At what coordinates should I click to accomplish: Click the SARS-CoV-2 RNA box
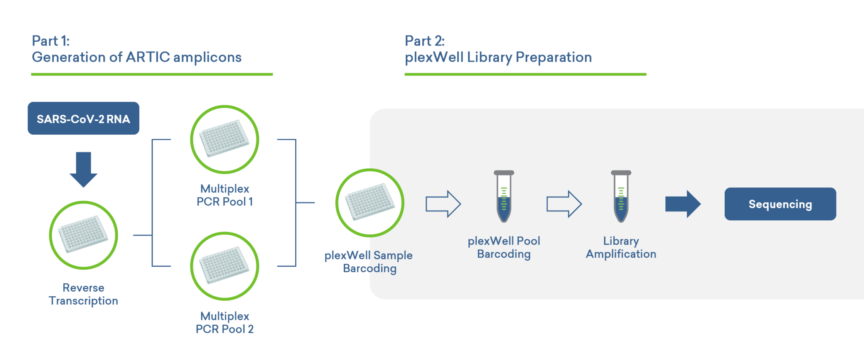83,119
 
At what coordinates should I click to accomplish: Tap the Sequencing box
780,204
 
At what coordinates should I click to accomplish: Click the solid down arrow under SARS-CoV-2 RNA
84,169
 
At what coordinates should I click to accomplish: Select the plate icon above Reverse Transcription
83,235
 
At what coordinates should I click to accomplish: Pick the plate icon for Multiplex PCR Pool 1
224,139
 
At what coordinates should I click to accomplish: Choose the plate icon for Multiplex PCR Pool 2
224,266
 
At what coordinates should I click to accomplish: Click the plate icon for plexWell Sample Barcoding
370,203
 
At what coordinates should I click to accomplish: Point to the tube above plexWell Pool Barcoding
504,198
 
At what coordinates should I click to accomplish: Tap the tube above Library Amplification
621,198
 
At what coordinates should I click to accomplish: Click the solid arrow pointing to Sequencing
683,204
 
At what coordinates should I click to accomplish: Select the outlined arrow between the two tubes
564,204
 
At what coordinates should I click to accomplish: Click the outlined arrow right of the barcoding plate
443,204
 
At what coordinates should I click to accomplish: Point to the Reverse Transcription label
84,294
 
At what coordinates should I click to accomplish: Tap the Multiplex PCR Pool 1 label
224,195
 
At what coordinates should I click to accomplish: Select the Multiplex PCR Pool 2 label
224,322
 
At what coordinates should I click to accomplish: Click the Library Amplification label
621,247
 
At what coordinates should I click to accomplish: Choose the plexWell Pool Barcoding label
504,247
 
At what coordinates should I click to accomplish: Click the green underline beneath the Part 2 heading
525,74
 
